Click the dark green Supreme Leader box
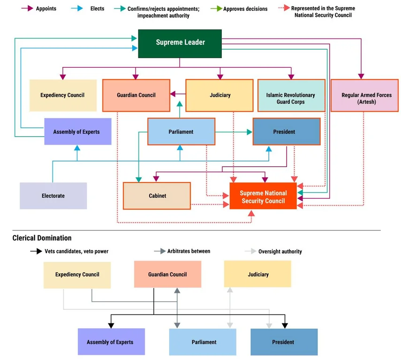tap(180, 43)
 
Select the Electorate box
tap(53, 196)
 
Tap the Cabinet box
tap(157, 196)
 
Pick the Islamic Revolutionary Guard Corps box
tap(291, 98)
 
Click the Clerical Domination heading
tap(42, 238)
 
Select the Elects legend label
tap(97, 8)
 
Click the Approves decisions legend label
tap(245, 8)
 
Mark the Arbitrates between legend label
tap(189, 252)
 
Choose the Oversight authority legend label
tap(280, 252)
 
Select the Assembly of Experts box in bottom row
tap(110, 342)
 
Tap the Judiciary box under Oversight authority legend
tap(258, 274)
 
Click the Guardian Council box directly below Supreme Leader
tap(136, 95)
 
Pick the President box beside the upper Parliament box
tap(284, 132)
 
